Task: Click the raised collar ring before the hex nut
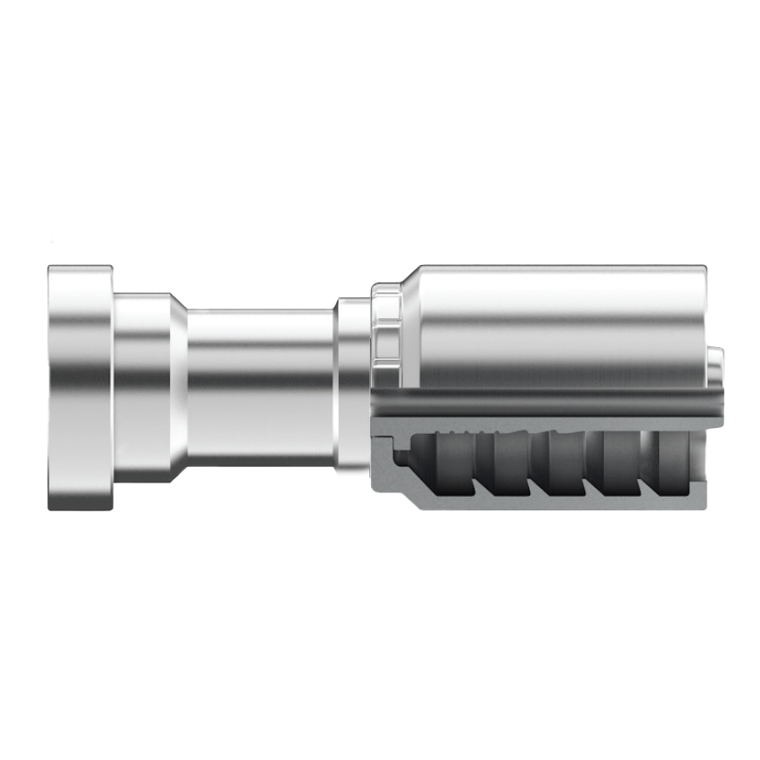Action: coord(352,386)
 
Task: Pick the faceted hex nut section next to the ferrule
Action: coord(386,327)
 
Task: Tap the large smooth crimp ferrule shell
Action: coord(560,327)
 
